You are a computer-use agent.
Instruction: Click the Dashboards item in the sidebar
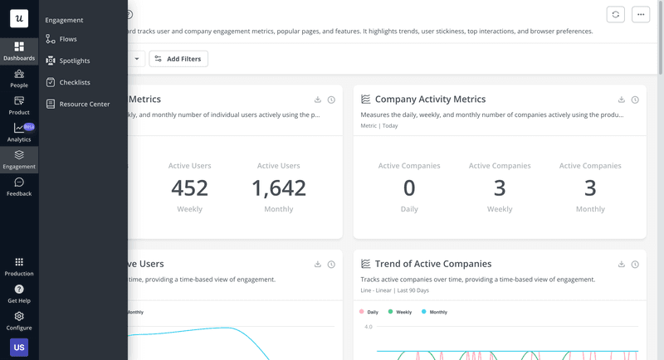19,51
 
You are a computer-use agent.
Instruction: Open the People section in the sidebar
19,78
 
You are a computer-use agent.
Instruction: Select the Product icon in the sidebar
19,105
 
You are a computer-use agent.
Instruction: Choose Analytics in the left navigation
19,133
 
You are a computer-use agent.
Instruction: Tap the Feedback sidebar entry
19,187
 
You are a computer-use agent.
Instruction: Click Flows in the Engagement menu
68,39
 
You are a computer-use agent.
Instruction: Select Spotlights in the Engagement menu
74,61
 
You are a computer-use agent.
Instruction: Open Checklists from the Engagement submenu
75,82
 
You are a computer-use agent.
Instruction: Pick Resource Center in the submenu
84,105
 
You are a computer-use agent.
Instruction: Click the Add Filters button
178,59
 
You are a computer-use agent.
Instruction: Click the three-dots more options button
640,15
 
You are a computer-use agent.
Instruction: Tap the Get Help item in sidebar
19,294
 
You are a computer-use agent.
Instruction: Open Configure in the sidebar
19,320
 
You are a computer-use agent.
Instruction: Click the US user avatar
19,348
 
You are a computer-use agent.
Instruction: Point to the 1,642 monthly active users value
279,188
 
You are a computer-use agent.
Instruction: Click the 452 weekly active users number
189,188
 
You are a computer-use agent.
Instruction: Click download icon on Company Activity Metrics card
621,100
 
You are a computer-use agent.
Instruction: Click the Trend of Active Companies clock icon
635,265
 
